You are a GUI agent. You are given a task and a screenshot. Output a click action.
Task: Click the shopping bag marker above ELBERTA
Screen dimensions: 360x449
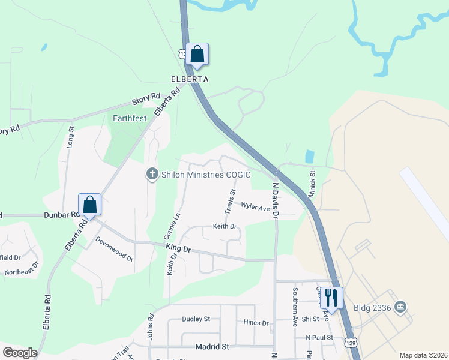pos(197,55)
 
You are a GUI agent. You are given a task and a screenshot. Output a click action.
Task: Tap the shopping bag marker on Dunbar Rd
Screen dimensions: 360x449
pos(89,205)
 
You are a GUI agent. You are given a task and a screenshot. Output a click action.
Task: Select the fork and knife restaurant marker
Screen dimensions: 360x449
pos(331,298)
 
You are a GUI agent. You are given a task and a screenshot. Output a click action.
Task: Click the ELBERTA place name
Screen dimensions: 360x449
pos(190,79)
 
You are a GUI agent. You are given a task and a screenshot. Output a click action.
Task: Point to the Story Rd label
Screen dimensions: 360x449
pos(148,99)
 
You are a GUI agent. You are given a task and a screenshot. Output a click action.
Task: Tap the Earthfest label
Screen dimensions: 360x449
pos(130,118)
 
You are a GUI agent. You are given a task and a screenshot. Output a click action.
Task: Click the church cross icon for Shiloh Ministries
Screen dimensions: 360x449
pos(152,174)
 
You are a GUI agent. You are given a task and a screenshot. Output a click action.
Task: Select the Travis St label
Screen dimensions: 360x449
pos(229,200)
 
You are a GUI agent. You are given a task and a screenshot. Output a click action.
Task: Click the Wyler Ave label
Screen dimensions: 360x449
pos(256,207)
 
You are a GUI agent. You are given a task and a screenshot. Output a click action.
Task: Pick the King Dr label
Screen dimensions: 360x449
pos(178,248)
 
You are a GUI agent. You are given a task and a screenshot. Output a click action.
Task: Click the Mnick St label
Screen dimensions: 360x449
pos(313,180)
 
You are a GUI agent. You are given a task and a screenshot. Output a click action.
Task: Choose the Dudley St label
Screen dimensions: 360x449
pos(196,319)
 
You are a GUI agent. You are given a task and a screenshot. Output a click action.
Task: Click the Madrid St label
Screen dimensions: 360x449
pos(212,347)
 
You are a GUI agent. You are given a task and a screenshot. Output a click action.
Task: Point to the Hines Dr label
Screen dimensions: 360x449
pos(256,323)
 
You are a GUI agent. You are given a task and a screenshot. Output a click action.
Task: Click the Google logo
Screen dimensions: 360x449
pos(20,353)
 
